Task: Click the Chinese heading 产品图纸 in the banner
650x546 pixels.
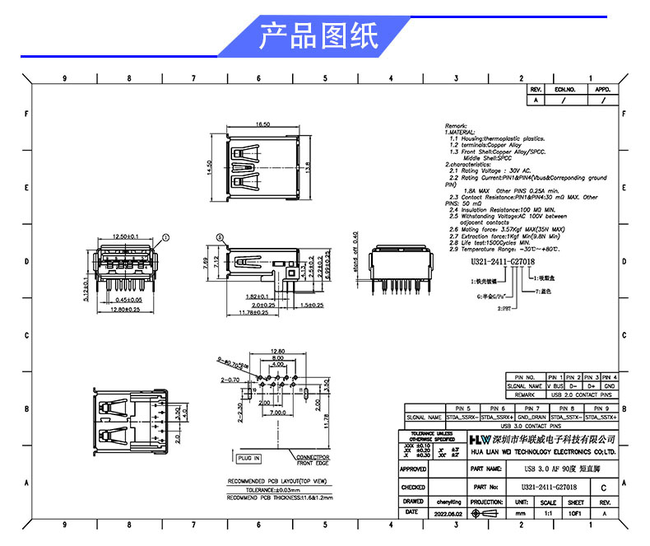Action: (x=318, y=36)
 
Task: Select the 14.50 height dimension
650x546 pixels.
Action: (x=210, y=167)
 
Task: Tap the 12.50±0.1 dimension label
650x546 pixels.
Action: (x=126, y=236)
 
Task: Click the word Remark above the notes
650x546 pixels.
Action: (x=455, y=124)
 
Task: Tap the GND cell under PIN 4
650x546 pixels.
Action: (x=609, y=385)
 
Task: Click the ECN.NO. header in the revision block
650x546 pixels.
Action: (x=564, y=89)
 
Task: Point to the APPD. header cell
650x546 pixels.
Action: (x=602, y=89)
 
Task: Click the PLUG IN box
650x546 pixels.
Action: (x=248, y=458)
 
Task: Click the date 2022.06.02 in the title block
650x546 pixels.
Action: (x=448, y=513)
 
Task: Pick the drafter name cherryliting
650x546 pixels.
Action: (x=448, y=502)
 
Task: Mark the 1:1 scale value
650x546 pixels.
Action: (x=547, y=513)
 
